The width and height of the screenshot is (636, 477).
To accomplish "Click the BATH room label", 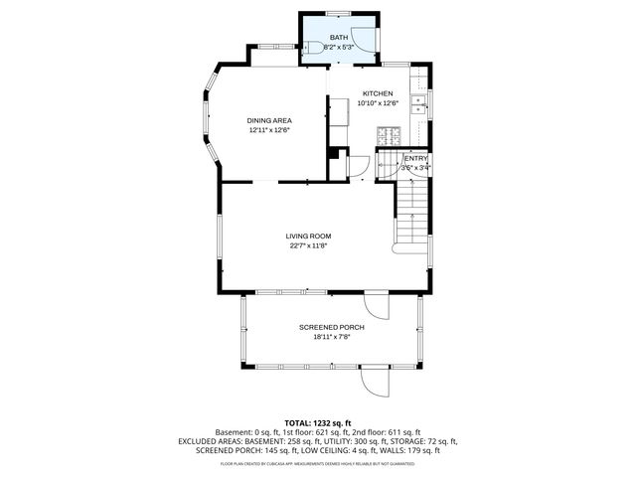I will click(x=339, y=37).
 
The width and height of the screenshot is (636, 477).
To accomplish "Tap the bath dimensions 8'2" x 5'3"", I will click(x=339, y=47).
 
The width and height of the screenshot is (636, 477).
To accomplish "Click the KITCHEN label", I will click(x=378, y=93).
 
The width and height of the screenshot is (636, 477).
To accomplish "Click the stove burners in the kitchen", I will click(x=391, y=134).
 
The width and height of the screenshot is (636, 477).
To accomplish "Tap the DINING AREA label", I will click(x=269, y=120).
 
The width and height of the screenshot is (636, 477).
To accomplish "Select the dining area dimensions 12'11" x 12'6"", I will click(x=269, y=129).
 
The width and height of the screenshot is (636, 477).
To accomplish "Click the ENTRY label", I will click(x=415, y=158).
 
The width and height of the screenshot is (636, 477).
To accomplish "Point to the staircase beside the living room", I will click(x=411, y=214).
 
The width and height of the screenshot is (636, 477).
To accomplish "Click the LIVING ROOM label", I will click(x=308, y=236).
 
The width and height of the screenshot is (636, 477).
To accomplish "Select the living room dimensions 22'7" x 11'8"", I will click(x=308, y=245).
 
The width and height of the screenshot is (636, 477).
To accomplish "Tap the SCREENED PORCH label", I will click(x=331, y=327).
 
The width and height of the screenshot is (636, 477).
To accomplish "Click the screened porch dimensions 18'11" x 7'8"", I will click(x=331, y=336).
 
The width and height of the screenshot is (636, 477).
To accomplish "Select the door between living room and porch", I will click(x=376, y=303).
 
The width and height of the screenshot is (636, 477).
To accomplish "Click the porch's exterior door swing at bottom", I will click(x=376, y=380).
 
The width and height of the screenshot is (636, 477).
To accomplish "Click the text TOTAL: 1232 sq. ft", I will click(x=317, y=423).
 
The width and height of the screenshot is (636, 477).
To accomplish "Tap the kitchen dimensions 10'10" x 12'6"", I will click(x=378, y=102).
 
